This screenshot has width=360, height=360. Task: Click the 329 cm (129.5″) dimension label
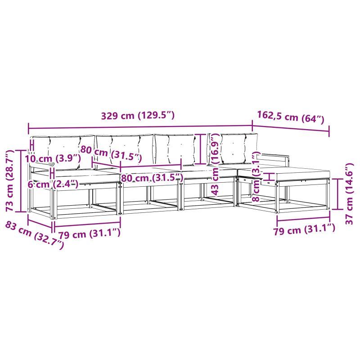click(x=138, y=116)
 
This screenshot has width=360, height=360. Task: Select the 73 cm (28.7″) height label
click(x=10, y=181)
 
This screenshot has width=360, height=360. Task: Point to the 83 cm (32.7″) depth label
click(x=35, y=235)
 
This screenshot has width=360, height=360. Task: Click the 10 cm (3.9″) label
click(x=53, y=158)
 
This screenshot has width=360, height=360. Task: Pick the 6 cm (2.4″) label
click(x=53, y=184)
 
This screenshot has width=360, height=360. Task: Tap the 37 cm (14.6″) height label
click(x=349, y=193)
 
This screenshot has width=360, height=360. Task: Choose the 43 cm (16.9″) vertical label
click(x=215, y=165)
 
